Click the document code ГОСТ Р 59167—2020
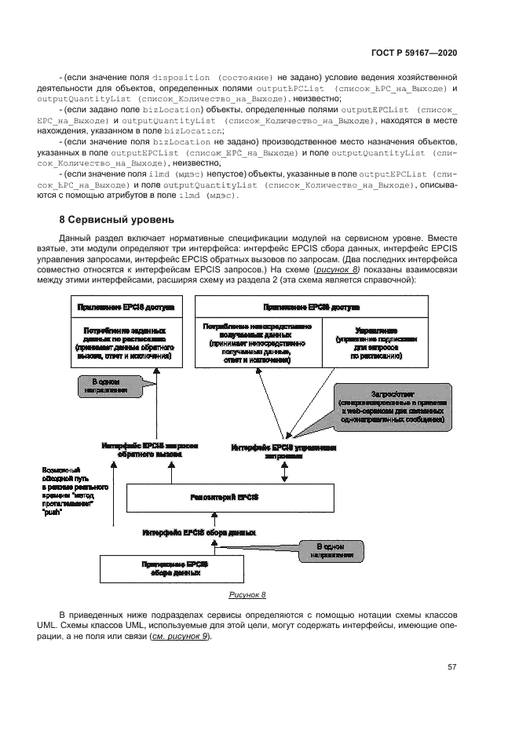click(x=413, y=53)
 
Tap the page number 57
click(x=451, y=667)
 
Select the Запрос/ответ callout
click(x=391, y=407)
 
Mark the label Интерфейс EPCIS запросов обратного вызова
click(x=150, y=450)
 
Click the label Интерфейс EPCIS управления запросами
click(x=283, y=451)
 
